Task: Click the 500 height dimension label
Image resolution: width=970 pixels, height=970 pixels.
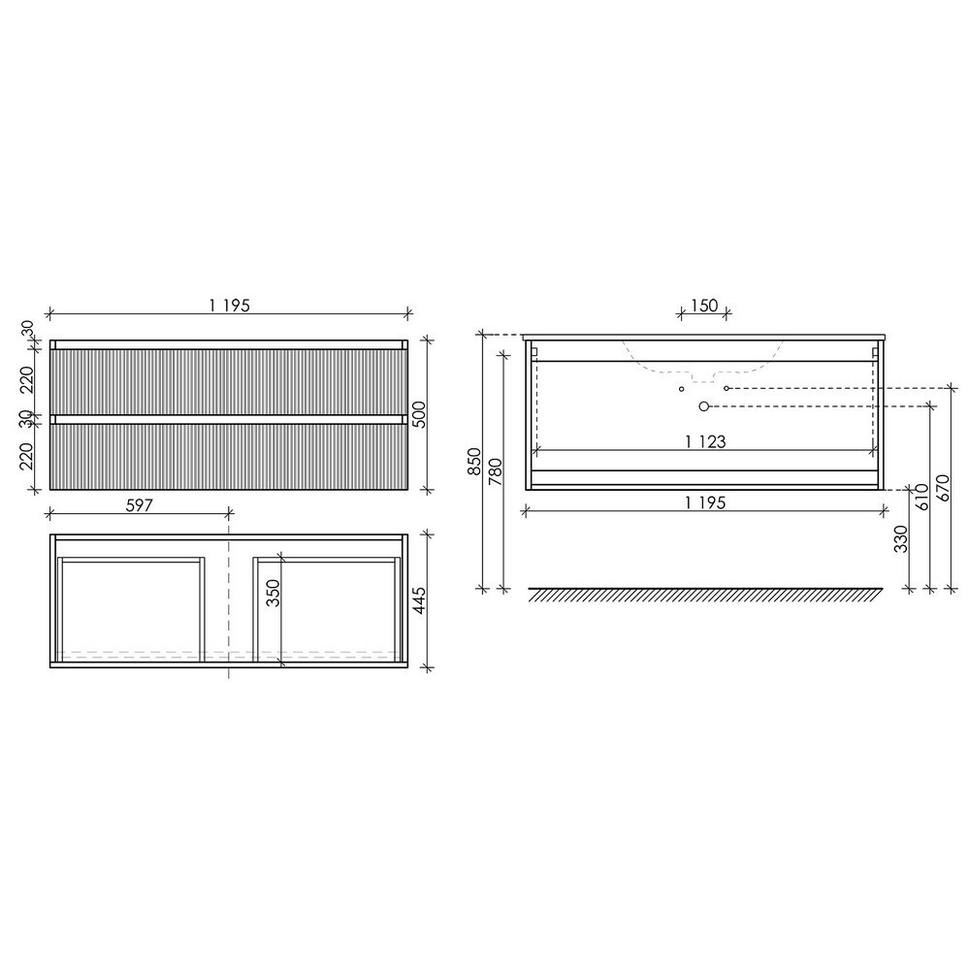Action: (x=419, y=415)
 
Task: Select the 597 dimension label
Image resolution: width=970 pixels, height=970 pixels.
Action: (x=139, y=505)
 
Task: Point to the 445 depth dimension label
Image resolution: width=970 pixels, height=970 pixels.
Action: (x=419, y=601)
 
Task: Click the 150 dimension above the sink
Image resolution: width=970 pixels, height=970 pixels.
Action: (x=704, y=306)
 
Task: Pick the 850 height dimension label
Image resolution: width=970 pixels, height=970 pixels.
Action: (x=474, y=461)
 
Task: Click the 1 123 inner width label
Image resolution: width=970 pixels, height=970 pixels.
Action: (x=705, y=441)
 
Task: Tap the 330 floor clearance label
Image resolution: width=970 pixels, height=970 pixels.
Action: (x=901, y=538)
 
